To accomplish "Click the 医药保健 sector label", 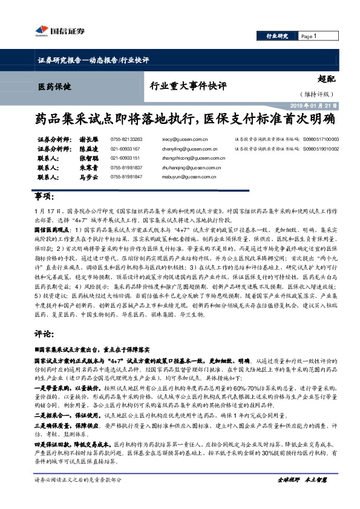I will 54,86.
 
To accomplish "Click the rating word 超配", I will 326,77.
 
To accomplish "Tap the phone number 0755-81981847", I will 126,177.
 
